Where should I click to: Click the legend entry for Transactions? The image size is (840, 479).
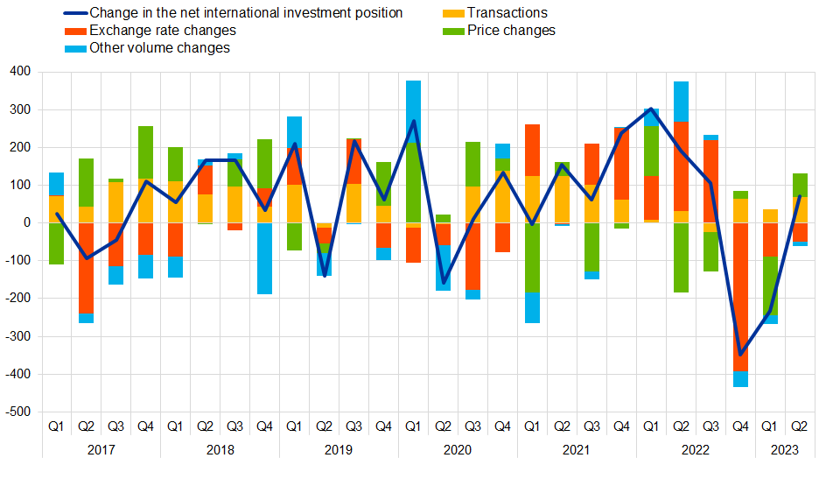click(x=507, y=13)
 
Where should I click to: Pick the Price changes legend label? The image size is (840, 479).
click(x=511, y=31)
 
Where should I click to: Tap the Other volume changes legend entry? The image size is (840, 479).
click(x=159, y=48)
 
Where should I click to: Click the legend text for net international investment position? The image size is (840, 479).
click(x=246, y=13)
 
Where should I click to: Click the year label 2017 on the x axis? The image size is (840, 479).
click(x=101, y=449)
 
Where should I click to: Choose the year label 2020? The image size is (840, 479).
click(x=458, y=449)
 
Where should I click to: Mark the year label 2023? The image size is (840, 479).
click(x=785, y=449)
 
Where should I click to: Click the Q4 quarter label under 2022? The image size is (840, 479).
click(x=740, y=426)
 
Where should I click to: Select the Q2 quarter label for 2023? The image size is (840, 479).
click(x=800, y=426)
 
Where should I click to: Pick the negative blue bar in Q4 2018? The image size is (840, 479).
click(x=264, y=258)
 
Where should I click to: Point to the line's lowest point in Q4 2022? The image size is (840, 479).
click(x=740, y=355)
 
